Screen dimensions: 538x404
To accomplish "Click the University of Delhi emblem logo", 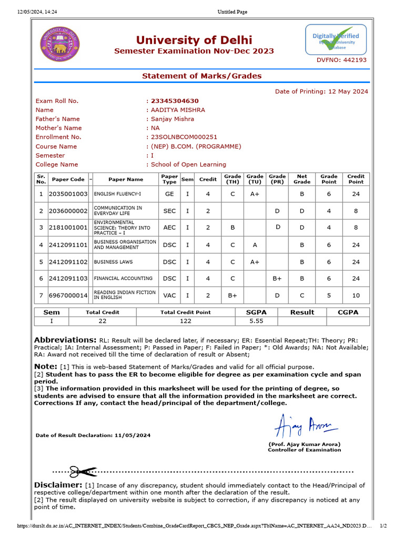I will tap(59, 44).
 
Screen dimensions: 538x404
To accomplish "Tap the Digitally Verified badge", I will tap(336, 40).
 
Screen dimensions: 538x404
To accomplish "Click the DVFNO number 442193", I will tap(341, 60).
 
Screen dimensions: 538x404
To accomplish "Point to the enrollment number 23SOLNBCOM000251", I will tap(184, 137).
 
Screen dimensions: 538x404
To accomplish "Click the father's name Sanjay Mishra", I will tap(173, 119).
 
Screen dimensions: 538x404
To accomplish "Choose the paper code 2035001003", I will tap(68, 194).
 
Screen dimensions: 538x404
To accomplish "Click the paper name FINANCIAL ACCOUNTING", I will tap(123, 278).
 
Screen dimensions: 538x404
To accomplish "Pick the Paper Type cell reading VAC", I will tap(169, 295).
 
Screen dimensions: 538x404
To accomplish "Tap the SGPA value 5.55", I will tap(256, 320).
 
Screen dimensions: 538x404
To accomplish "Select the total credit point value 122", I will tap(185, 320).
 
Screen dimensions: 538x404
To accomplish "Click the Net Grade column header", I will tap(302, 179).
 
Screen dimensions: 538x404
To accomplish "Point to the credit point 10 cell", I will tap(356, 295).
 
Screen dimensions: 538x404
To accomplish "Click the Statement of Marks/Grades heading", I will tap(201, 76).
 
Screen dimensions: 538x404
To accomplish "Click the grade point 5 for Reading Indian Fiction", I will tap(329, 295).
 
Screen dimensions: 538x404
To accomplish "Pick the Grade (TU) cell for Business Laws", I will tap(255, 262).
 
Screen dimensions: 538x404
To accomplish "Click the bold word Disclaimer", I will tap(58, 485).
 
